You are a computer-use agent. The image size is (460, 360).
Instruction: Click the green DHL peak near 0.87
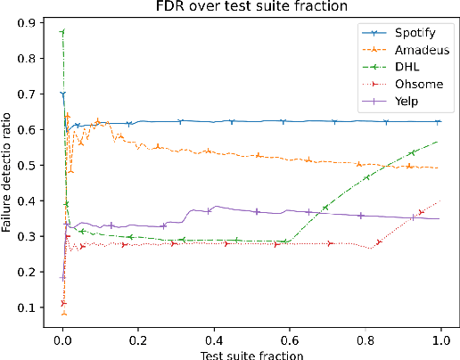tap(62, 32)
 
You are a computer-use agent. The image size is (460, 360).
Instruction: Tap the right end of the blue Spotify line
tap(439, 121)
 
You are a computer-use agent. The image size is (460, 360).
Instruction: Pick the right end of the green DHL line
tap(439, 141)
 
